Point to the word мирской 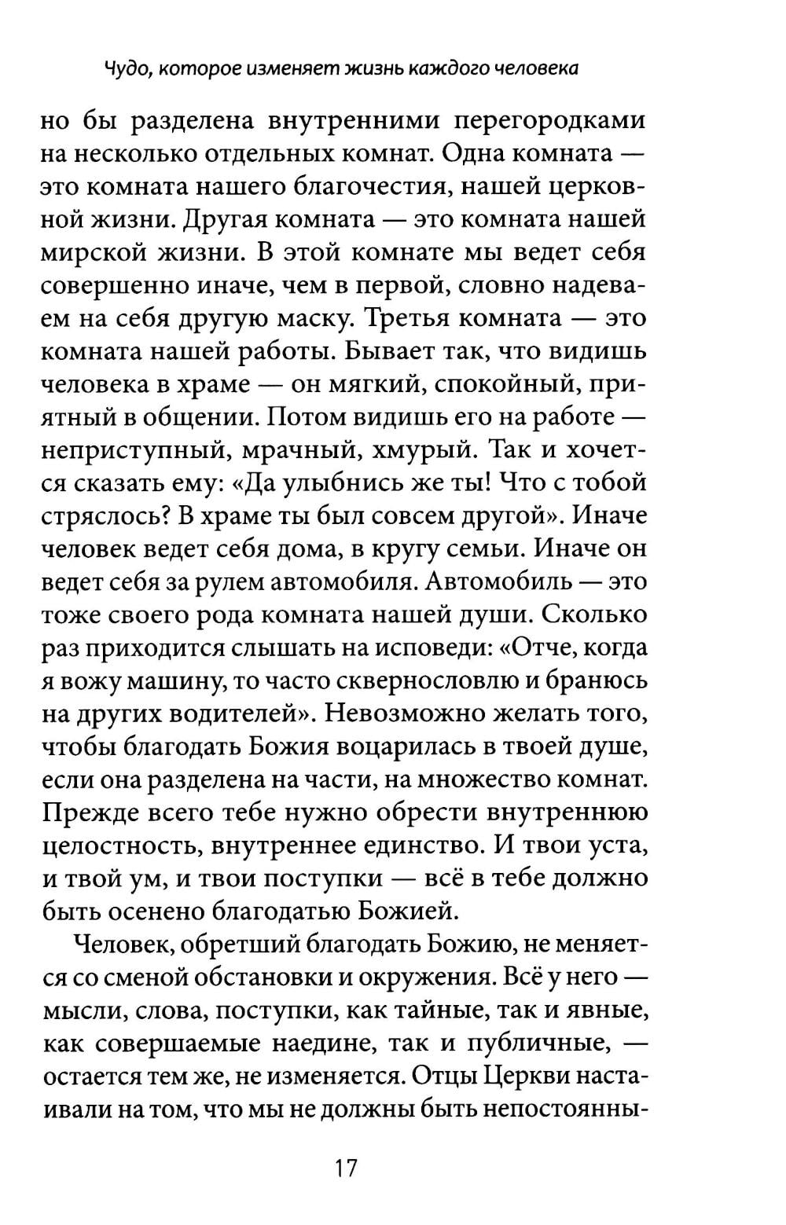(x=94, y=253)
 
